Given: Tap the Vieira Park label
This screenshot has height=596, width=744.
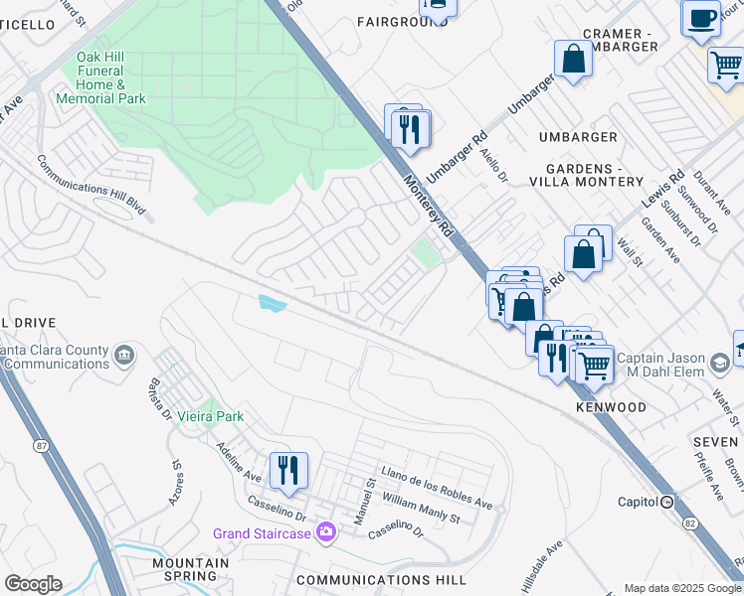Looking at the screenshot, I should coord(211,416).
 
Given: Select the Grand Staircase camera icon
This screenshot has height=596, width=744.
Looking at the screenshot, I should coord(325,533).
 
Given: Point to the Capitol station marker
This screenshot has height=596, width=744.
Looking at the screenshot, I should coord(667,502).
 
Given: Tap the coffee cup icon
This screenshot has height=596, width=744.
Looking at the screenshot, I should coord(701,18).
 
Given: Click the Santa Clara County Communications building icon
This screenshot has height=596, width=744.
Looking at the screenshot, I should coord(124,355).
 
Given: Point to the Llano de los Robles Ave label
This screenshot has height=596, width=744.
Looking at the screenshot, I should coord(437,487).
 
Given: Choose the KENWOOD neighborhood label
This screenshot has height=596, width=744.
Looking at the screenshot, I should coord(610,407).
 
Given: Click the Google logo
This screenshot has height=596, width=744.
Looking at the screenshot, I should coord(33,584).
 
